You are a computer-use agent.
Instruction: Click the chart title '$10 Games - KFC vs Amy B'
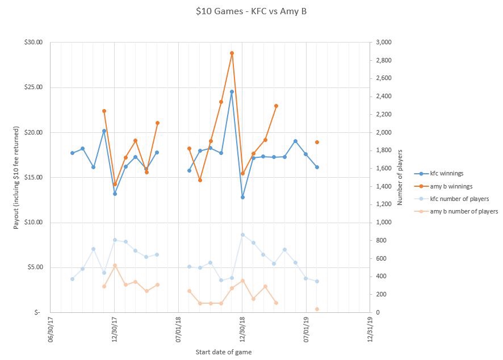(251, 11)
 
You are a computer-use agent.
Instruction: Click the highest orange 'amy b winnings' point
(232, 53)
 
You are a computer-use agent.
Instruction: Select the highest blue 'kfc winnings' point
(232, 91)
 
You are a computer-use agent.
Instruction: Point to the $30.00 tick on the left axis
(33, 43)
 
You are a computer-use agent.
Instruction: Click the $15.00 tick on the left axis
(33, 177)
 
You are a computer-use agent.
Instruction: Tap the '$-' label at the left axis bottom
(37, 312)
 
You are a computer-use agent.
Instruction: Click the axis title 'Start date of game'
(223, 352)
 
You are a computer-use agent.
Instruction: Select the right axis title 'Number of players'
(400, 177)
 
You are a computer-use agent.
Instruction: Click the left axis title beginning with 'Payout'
(16, 177)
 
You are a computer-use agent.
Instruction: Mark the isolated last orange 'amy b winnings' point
(317, 142)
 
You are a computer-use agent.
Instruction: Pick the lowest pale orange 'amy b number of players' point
(317, 309)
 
